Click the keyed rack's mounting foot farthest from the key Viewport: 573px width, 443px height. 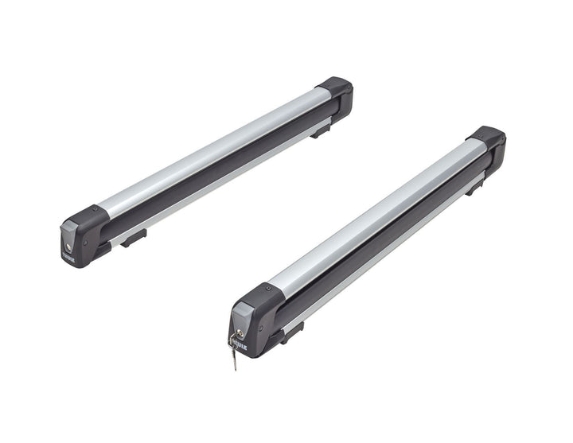pos(474,187)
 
